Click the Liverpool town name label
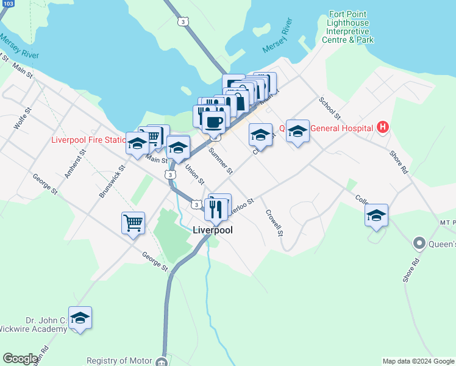click(212, 230)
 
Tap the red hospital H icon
click(382, 127)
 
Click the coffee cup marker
click(213, 121)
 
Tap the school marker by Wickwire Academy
click(80, 318)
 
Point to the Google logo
click(21, 359)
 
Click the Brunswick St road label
click(112, 181)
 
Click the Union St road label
click(194, 173)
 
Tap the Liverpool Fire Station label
click(88, 140)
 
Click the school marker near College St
click(376, 215)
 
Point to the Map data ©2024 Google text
click(418, 361)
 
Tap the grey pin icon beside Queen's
click(419, 244)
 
